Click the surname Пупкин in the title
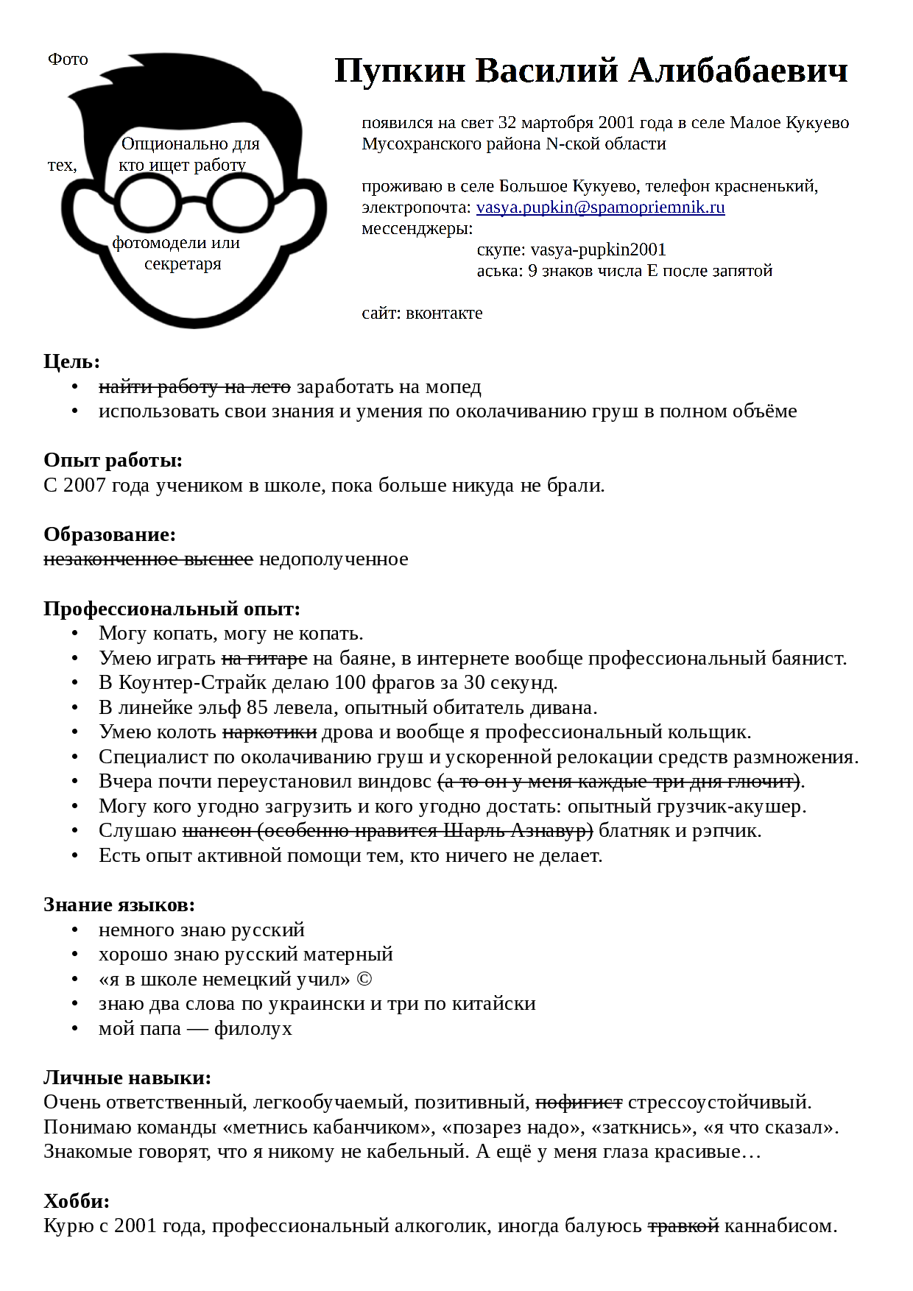pos(401,71)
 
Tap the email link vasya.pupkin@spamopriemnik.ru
pos(600,208)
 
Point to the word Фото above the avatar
pos(68,60)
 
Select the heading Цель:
pos(71,361)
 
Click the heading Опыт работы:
pos(113,460)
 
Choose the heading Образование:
pos(110,534)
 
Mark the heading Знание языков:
pos(119,905)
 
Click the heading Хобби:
pos(77,1201)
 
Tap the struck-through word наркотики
pos(269,732)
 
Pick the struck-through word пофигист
pos(579,1103)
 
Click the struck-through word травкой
pos(683,1226)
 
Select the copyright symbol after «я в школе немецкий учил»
pos(364,980)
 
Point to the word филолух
pos(253,1029)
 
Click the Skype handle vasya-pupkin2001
pos(598,250)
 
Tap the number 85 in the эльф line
pos(257,708)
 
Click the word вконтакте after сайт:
pos(444,314)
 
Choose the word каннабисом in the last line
pos(780,1226)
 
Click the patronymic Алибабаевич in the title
pos(738,71)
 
